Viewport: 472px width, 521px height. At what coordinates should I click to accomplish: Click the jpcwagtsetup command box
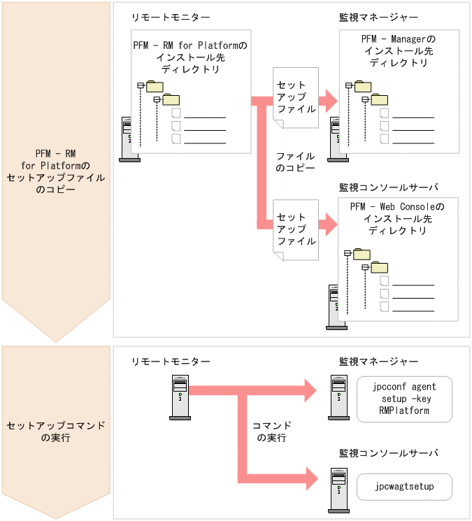point(404,486)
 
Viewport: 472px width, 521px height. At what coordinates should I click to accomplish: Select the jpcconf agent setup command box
point(404,399)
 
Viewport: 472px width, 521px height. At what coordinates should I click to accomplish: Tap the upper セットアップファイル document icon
point(296,99)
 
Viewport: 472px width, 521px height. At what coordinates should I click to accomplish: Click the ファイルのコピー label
point(295,162)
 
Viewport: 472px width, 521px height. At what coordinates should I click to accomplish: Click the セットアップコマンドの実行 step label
point(55,432)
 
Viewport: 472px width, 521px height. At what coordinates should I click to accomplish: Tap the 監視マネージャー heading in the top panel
point(378,16)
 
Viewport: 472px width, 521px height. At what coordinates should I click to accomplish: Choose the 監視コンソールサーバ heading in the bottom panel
point(388,453)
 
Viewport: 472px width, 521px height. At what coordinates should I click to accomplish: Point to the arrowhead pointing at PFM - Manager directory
point(328,100)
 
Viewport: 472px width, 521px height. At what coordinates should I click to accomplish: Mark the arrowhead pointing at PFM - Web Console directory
point(328,225)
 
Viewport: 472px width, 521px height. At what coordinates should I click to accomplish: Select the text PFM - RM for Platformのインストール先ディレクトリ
point(190,57)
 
